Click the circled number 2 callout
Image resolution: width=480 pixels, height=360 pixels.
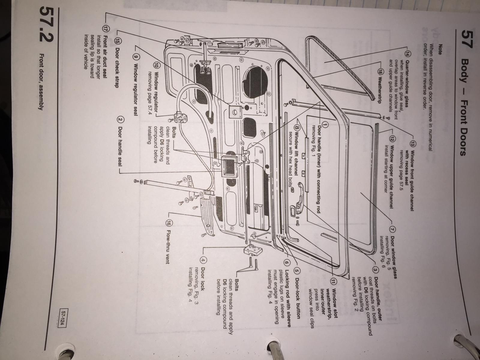119,120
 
